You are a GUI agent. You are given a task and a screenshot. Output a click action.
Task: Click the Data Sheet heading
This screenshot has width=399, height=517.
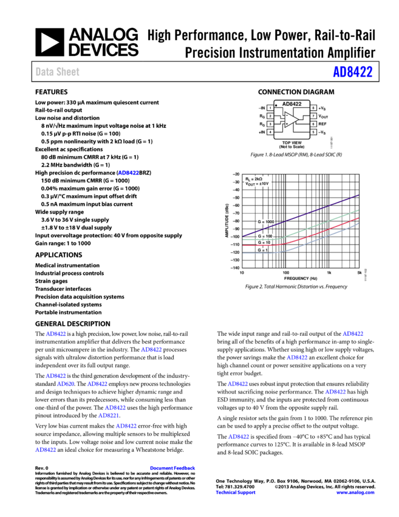click(x=57, y=72)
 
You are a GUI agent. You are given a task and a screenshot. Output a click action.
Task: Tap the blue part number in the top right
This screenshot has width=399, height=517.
click(x=352, y=72)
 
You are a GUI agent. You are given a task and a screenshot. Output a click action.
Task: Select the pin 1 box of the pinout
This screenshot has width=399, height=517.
click(x=270, y=108)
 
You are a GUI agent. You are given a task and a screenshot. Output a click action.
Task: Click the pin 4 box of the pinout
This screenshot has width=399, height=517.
click(x=270, y=132)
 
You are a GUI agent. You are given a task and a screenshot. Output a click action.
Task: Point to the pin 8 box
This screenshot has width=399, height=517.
click(x=313, y=108)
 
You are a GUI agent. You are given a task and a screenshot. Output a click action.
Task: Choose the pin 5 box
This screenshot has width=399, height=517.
click(x=313, y=132)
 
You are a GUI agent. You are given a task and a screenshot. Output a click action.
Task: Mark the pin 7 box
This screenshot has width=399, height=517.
click(x=313, y=116)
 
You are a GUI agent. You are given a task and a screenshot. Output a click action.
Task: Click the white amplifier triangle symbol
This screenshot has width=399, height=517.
click(x=291, y=120)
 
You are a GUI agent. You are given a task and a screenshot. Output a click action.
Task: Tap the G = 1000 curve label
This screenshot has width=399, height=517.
click(x=265, y=222)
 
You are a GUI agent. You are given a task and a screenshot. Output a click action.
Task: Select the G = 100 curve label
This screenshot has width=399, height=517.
click(x=265, y=236)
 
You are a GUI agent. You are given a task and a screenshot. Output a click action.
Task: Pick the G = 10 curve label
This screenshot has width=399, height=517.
click(x=264, y=243)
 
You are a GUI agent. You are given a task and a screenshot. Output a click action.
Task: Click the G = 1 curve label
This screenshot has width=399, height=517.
click(x=262, y=250)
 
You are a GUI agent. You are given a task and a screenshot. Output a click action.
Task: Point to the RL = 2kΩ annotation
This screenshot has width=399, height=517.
click(x=253, y=179)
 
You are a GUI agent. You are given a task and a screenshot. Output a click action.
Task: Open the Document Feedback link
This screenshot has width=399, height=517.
click(x=172, y=468)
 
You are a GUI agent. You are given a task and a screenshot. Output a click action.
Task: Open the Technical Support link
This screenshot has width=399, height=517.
click(x=235, y=493)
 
